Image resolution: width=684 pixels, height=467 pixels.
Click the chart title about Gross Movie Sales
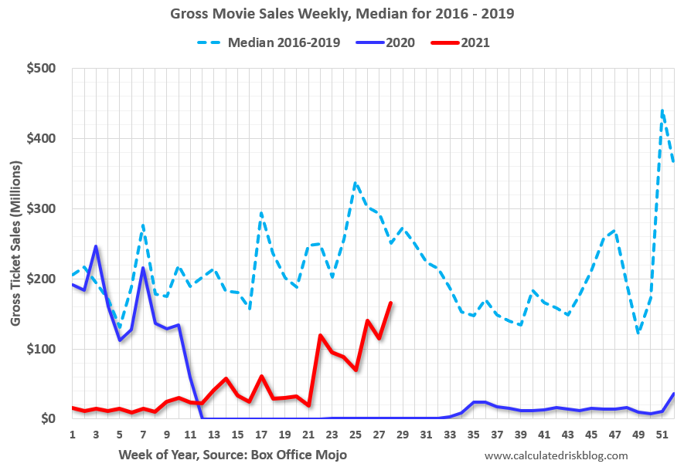[341, 14]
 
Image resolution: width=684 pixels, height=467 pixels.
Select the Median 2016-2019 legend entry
[284, 42]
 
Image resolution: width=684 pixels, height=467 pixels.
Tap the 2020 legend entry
[398, 42]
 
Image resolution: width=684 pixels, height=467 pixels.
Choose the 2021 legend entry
[475, 42]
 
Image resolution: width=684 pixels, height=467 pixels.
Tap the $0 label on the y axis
[46, 419]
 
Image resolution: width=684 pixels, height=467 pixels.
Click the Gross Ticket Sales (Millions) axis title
[16, 243]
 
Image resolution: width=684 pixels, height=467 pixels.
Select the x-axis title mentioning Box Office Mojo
[233, 455]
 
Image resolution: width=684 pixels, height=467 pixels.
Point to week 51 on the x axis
[662, 435]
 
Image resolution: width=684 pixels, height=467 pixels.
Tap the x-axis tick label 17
[261, 435]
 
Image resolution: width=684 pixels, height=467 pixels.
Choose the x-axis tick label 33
[450, 435]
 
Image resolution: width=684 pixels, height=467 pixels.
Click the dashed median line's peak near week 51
[662, 110]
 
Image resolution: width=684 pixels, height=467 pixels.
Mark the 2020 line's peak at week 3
[95, 246]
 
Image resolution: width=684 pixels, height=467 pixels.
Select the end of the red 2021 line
[391, 303]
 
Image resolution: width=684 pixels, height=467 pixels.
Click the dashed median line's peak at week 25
[355, 183]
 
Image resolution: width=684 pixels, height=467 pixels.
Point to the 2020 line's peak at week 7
[143, 268]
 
